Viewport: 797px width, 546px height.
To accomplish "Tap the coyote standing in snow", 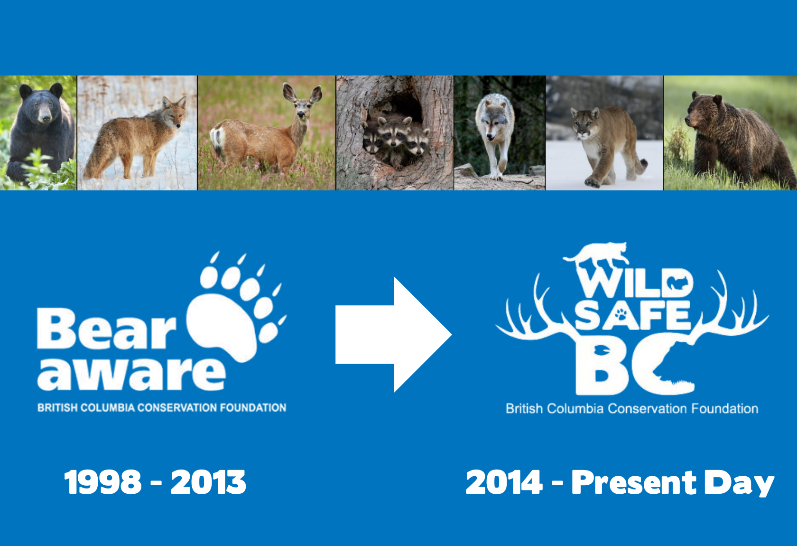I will [x=138, y=138].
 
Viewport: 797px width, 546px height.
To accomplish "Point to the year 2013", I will [x=208, y=482].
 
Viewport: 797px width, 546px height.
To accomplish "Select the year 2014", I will [x=504, y=482].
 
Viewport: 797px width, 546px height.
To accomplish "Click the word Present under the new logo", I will [x=634, y=483].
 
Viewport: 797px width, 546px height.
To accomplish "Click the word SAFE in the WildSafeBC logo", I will [x=633, y=315].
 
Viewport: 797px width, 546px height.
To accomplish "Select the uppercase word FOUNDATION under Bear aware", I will [x=253, y=407].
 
